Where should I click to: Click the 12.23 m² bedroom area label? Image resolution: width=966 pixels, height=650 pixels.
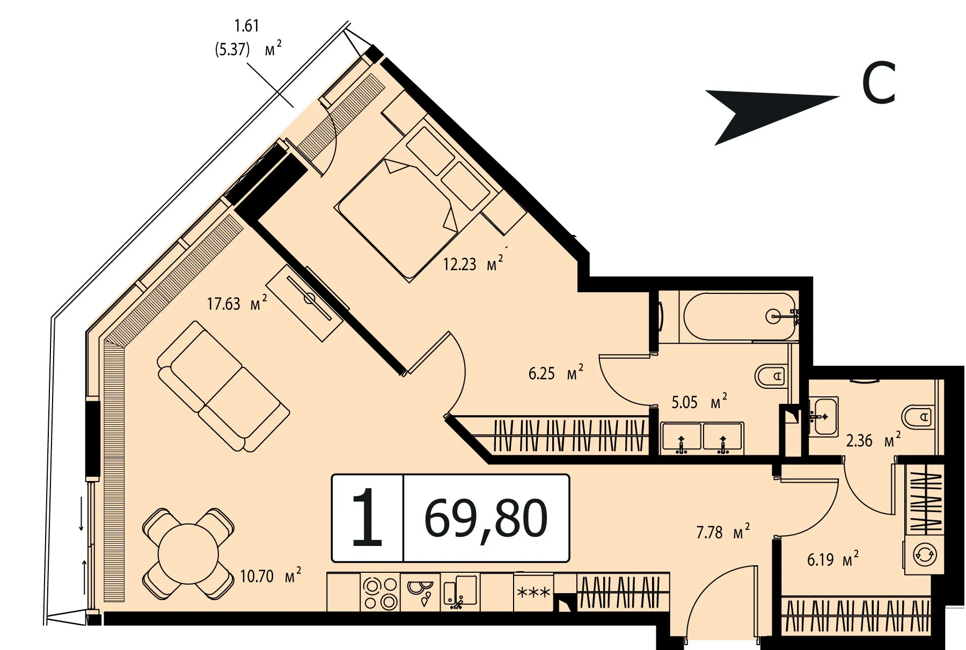coord(473,263)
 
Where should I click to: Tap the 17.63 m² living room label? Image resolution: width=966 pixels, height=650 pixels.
coord(237,303)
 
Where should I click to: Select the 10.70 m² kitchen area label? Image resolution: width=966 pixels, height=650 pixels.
coord(270,575)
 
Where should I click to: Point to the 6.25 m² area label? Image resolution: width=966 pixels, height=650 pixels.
coord(555,373)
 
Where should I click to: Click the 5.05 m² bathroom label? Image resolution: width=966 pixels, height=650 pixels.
coord(699,402)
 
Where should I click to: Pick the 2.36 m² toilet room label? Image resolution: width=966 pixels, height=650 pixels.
coord(873,440)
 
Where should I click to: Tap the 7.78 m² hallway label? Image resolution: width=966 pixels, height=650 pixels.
coord(723,532)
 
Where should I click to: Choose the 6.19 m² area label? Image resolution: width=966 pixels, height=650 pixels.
coord(832,559)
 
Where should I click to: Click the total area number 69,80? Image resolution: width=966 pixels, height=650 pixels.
coord(486,519)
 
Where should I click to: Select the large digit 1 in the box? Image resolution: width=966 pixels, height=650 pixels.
coord(367,518)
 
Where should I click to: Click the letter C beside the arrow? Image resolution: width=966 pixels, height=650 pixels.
coord(879,83)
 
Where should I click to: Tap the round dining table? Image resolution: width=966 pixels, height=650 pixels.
coord(188,553)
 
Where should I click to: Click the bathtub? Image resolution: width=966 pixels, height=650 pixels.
coord(740,316)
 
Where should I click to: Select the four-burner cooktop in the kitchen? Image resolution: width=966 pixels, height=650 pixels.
coord(380,593)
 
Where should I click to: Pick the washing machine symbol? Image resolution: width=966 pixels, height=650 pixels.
coord(925,555)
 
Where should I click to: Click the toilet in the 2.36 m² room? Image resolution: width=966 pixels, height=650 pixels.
coord(916,417)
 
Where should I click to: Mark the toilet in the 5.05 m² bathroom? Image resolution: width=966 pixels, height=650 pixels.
coord(771,375)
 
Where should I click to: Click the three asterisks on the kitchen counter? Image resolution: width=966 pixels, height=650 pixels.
coord(533,593)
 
